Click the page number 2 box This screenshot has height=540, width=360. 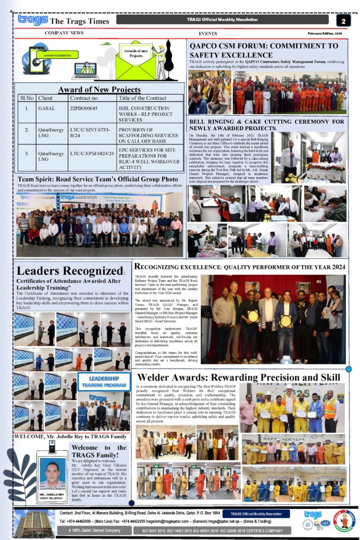pos(343,21)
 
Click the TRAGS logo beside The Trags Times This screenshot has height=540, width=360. pos(33,20)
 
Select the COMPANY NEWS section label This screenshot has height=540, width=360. pos(64,33)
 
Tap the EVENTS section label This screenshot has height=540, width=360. pos(208,33)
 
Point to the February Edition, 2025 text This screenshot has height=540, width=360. pos(325,33)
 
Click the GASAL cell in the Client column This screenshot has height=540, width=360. pos(46,108)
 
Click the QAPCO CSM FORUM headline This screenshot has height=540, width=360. pos(264,50)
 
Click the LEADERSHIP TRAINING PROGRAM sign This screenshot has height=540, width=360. pos(103,382)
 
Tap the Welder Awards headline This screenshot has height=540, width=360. pos(238,378)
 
